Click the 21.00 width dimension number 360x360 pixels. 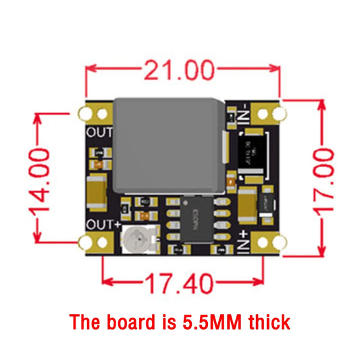[178, 69]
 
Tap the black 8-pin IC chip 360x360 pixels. [196, 220]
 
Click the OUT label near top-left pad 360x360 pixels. [99, 132]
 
